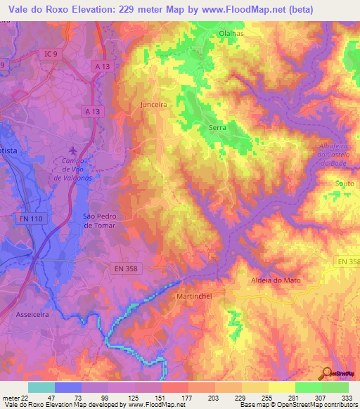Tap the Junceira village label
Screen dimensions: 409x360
[x=153, y=103]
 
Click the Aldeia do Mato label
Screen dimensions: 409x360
[x=276, y=280]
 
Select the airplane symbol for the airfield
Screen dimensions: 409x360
[x=75, y=150]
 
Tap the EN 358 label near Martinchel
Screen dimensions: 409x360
[x=127, y=267]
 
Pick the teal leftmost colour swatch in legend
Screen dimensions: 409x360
[x=41, y=387]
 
